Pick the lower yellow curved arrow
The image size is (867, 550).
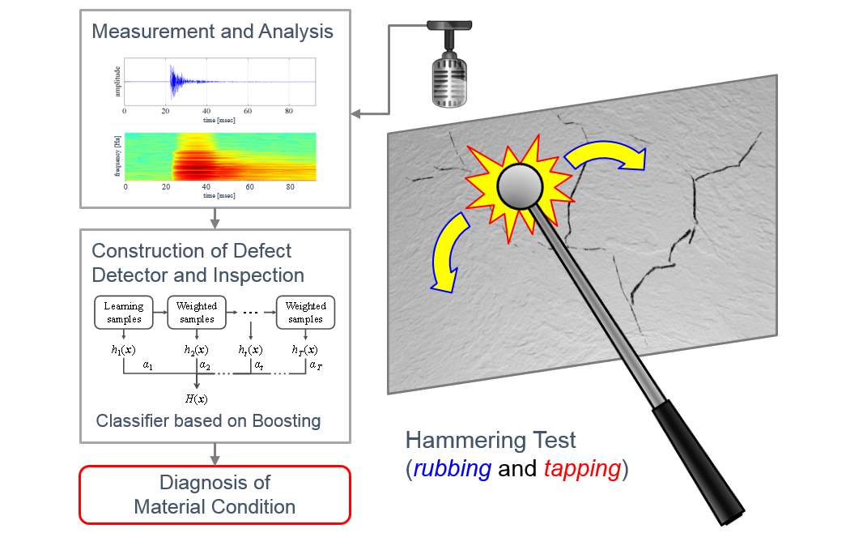click(x=450, y=252)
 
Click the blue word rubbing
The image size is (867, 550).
click(x=451, y=469)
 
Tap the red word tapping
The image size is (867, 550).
click(x=582, y=469)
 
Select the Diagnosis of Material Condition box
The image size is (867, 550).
click(x=215, y=494)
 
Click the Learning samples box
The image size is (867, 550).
click(x=124, y=312)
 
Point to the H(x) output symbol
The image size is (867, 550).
click(x=197, y=398)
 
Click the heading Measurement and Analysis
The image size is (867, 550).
click(x=212, y=32)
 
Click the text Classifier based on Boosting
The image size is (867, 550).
click(x=208, y=421)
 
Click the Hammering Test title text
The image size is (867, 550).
click(x=491, y=441)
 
